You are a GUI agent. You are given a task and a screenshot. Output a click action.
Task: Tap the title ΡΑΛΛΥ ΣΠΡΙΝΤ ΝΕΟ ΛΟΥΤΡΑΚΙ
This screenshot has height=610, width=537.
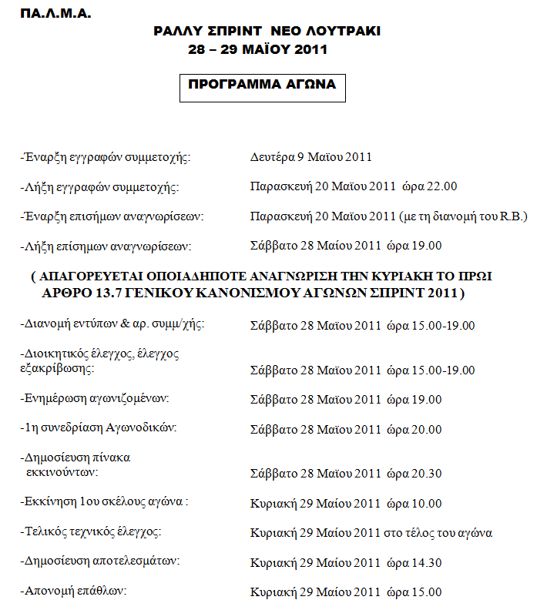(x=267, y=32)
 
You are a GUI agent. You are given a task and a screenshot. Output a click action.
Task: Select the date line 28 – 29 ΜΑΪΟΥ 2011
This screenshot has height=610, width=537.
(x=257, y=50)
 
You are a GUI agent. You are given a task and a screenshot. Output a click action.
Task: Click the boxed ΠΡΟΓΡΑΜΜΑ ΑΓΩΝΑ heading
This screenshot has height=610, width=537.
(x=262, y=85)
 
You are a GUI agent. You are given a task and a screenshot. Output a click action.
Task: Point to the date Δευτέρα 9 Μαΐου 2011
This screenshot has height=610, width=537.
(x=310, y=157)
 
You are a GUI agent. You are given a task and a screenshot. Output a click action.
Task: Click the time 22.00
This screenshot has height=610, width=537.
(x=441, y=186)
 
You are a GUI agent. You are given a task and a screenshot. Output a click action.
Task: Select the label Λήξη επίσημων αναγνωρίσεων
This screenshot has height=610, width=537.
(x=105, y=246)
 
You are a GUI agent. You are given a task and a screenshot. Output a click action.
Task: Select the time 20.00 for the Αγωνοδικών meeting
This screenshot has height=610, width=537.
(x=426, y=429)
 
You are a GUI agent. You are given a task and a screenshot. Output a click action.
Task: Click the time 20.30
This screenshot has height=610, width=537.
(x=426, y=474)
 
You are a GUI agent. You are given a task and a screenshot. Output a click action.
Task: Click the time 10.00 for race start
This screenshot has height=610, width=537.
(x=426, y=504)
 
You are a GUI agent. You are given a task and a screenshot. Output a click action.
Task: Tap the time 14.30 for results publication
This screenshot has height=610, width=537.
(x=426, y=563)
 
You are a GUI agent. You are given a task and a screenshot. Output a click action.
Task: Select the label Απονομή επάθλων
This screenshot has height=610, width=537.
(x=73, y=591)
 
